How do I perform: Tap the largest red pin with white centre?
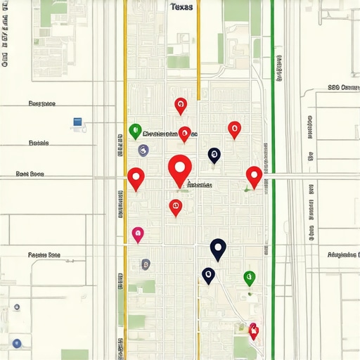(x=181, y=168)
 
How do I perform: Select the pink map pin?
(x=138, y=233)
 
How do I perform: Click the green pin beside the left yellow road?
(x=136, y=129)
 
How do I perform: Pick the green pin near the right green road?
(x=249, y=277)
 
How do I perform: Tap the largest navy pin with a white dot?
(x=218, y=247)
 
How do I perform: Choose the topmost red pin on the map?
(x=181, y=105)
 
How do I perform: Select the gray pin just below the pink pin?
(x=146, y=264)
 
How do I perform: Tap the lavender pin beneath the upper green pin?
(x=143, y=149)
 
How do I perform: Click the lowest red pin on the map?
(x=253, y=329)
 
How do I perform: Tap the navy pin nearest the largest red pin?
(x=214, y=155)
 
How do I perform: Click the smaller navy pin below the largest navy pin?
(x=208, y=275)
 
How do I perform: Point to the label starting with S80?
(x=343, y=88)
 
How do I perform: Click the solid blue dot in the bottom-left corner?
(x=17, y=343)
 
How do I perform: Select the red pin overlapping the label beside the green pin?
(x=184, y=132)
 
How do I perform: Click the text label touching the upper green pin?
(x=169, y=134)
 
